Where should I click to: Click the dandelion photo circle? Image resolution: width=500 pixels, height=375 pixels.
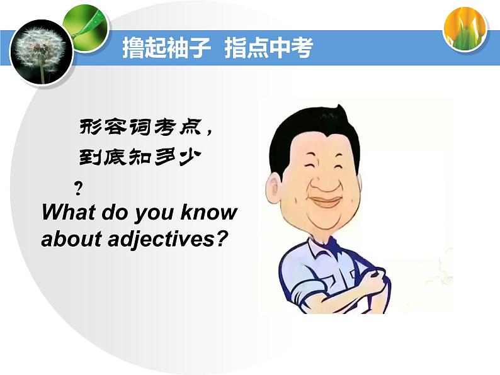(42, 53)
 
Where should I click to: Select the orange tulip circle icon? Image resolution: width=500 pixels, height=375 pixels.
(465, 29)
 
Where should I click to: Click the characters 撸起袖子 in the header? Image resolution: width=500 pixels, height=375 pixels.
(166, 48)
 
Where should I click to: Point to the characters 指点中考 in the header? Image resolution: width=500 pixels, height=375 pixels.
(268, 48)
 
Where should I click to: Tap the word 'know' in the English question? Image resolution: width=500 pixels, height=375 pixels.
(209, 212)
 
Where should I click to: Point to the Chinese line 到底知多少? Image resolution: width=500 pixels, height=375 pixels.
(140, 157)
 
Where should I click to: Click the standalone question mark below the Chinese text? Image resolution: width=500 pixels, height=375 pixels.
(78, 188)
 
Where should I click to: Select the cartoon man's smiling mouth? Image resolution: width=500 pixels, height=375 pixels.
(326, 202)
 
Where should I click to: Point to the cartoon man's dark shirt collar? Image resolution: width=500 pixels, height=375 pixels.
(332, 247)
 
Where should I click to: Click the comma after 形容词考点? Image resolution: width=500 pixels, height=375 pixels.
(209, 131)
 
